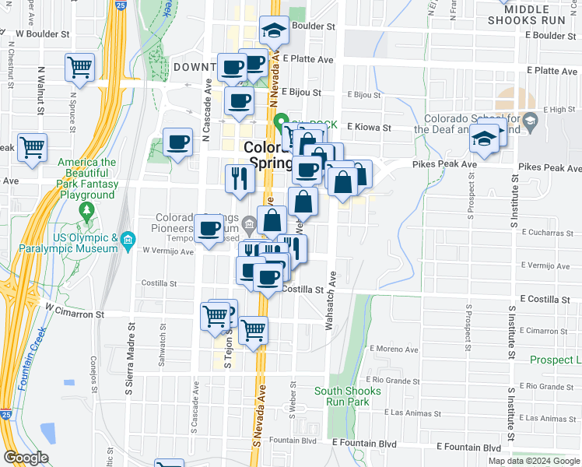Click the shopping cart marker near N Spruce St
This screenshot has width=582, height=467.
coord(79,68)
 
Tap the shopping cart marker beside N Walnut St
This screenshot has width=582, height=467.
coord(32,146)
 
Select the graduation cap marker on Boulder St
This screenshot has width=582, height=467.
coord(273,30)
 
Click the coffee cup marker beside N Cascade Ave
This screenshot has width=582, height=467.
coord(178,142)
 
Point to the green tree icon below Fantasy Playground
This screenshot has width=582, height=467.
coord(87,209)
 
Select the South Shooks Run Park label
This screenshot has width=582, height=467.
coord(348,396)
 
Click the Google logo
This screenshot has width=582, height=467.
coord(26,458)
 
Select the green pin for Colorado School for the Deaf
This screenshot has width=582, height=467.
coord(531,121)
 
